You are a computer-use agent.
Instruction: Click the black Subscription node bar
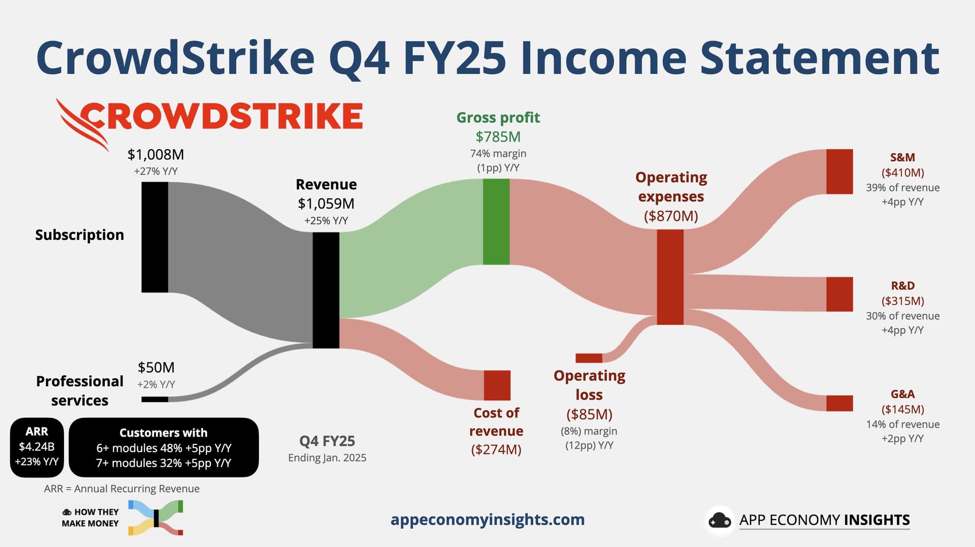[155, 237]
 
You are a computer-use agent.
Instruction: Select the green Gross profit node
[496, 222]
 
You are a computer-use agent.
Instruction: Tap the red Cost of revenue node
[497, 385]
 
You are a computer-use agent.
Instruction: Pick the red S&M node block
[839, 172]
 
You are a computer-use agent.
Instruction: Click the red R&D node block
[839, 294]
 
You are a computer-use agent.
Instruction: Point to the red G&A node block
[839, 403]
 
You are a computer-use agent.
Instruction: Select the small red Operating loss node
[589, 358]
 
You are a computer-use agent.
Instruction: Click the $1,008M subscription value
[156, 155]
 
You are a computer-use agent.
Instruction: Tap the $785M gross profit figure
[498, 137]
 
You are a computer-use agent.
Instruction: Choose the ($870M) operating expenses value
[671, 216]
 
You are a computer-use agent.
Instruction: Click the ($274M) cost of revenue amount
[496, 450]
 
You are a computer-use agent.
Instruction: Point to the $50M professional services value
[156, 367]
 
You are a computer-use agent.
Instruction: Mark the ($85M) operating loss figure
[589, 415]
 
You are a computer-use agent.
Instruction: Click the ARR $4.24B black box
[37, 448]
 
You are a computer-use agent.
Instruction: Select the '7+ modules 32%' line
[164, 463]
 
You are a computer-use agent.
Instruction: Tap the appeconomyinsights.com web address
[487, 520]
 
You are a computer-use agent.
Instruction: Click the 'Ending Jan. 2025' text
[327, 458]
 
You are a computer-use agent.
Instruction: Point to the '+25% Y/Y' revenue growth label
[326, 221]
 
